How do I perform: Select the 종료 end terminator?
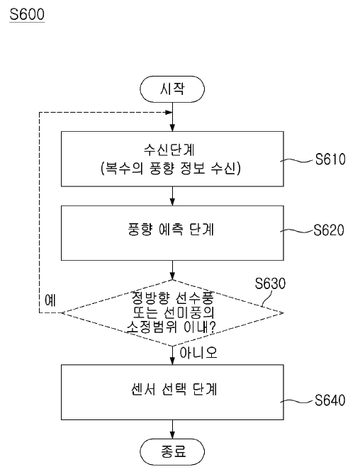(173, 451)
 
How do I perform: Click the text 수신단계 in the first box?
(173, 152)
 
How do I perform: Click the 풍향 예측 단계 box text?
(173, 231)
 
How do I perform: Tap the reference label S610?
(329, 160)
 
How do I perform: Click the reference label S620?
(329, 231)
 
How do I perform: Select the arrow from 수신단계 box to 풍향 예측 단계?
(173, 195)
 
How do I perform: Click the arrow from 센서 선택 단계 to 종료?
(173, 429)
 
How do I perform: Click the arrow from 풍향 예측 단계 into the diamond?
(173, 271)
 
